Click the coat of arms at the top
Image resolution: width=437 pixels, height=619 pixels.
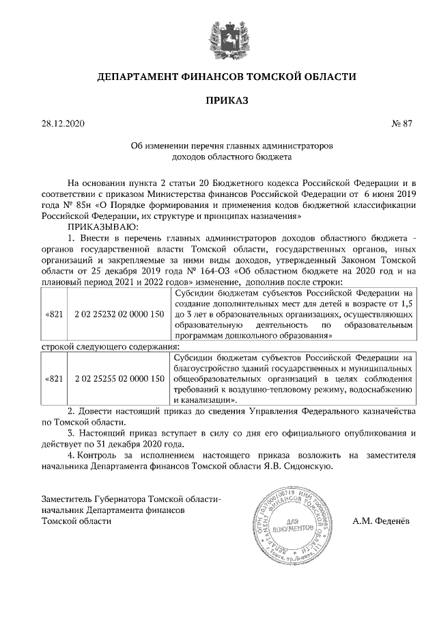point(218,36)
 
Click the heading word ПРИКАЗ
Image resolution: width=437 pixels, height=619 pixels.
point(218,101)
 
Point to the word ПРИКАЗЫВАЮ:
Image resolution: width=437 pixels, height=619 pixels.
point(102,225)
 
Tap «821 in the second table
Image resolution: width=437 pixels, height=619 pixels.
point(54,378)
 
